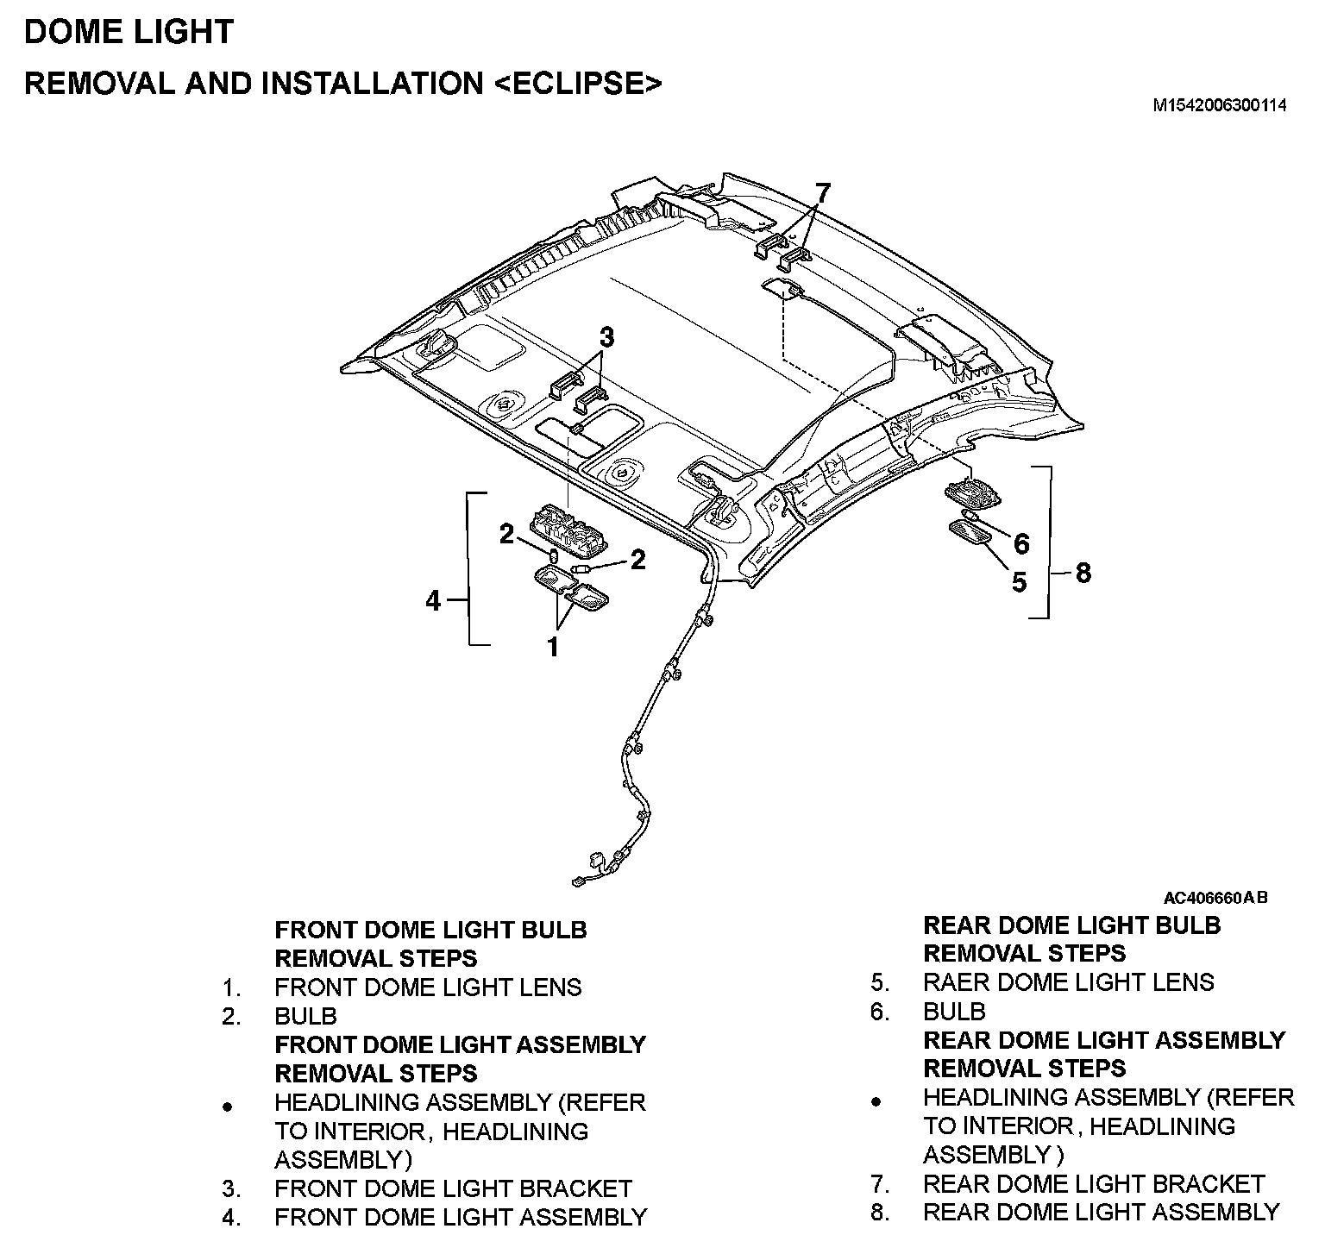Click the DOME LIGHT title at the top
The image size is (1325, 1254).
click(129, 32)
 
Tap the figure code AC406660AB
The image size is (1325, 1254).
click(1215, 898)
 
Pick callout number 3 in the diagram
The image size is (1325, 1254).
click(607, 337)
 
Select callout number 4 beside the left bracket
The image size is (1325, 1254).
click(433, 600)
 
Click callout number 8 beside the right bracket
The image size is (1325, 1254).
click(1083, 573)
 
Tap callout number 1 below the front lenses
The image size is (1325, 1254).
click(553, 647)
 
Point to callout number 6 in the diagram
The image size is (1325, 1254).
click(1021, 543)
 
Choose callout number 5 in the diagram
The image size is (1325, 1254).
click(1019, 582)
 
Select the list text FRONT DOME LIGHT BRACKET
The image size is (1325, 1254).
click(453, 1188)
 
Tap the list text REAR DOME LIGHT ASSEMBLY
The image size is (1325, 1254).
click(1101, 1212)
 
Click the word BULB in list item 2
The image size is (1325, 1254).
click(305, 1016)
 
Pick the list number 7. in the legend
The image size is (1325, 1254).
click(880, 1184)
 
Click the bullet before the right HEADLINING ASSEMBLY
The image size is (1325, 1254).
click(876, 1101)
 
